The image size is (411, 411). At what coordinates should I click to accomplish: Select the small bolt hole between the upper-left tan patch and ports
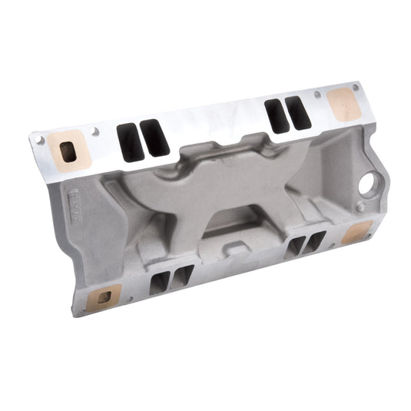coord(96,132)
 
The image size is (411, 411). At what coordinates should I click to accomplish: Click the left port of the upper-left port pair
coord(129,142)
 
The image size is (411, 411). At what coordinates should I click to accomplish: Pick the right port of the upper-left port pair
coord(155,138)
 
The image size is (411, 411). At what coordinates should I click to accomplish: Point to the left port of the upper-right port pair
coord(275,114)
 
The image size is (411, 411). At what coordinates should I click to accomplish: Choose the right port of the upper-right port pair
coord(297,113)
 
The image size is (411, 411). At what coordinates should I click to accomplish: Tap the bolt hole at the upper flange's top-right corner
coord(354,87)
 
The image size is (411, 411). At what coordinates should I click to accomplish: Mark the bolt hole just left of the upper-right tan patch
coord(317,94)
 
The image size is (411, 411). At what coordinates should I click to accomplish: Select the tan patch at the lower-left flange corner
coord(104,294)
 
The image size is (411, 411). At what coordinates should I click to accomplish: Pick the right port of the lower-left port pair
coord(182,277)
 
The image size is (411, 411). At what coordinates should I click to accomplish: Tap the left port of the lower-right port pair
coord(295,247)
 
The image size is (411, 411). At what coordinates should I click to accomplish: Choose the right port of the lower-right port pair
coord(316,242)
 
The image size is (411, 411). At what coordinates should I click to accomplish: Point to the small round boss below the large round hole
coord(361,207)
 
